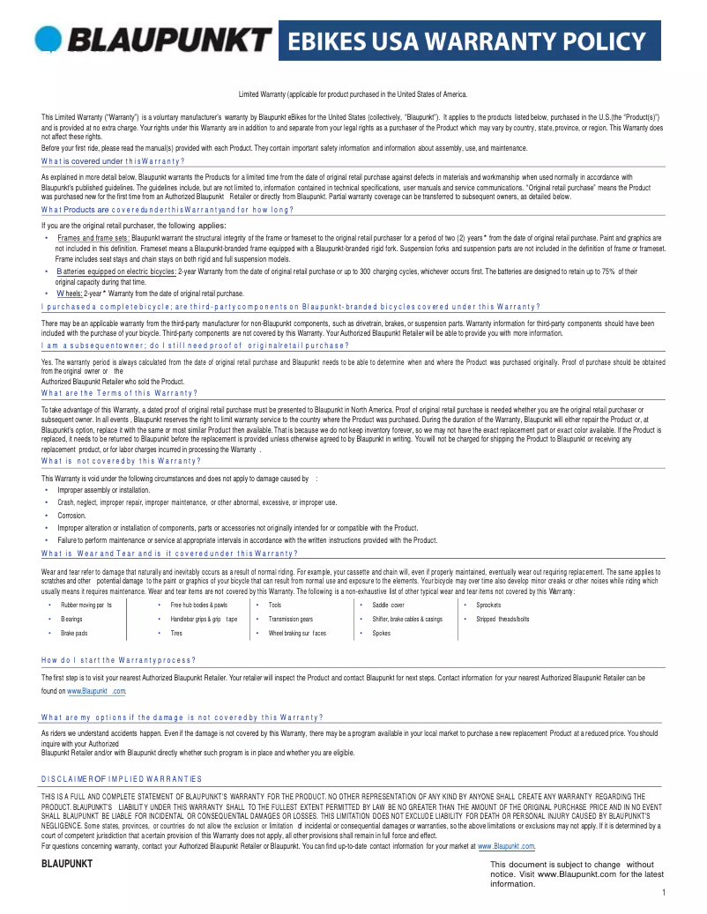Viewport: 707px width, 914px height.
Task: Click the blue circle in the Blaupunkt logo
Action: click(x=48, y=40)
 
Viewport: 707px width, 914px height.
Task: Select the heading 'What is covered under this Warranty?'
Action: click(x=113, y=161)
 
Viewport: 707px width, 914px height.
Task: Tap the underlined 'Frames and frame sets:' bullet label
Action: click(x=93, y=238)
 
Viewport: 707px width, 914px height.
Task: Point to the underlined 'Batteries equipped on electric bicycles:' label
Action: click(x=115, y=271)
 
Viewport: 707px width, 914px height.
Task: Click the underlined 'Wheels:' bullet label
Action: click(x=70, y=293)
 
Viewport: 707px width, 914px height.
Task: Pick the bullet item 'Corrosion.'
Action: click(x=71, y=515)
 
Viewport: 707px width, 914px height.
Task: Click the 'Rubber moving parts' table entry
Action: click(x=86, y=606)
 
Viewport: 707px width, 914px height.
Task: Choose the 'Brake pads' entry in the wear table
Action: click(x=74, y=633)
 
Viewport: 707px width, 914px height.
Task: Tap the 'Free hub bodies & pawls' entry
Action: click(x=198, y=606)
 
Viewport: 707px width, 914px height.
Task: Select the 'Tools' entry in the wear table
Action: click(x=275, y=606)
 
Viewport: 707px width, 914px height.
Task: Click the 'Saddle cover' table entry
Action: click(x=388, y=606)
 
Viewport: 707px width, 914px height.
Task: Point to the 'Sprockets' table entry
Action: click(x=488, y=606)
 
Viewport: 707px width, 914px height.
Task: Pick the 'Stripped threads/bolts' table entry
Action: click(x=502, y=619)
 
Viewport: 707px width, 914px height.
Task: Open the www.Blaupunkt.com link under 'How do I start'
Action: click(x=91, y=691)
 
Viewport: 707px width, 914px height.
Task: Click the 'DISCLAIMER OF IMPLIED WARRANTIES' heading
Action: click(x=122, y=778)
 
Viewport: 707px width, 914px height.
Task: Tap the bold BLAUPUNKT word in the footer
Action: click(x=67, y=863)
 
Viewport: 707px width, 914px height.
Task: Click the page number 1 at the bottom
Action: click(x=662, y=893)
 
